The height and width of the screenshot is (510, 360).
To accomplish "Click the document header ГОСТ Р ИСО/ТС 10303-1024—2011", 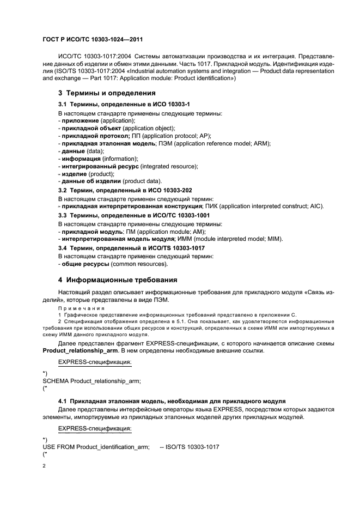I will tap(93, 39).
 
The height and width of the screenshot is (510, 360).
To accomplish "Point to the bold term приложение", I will tap(80, 120).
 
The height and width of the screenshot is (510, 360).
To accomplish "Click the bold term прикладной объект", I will tap(91, 127).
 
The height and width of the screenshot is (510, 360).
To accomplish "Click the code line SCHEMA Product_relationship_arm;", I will tap(88, 381).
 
